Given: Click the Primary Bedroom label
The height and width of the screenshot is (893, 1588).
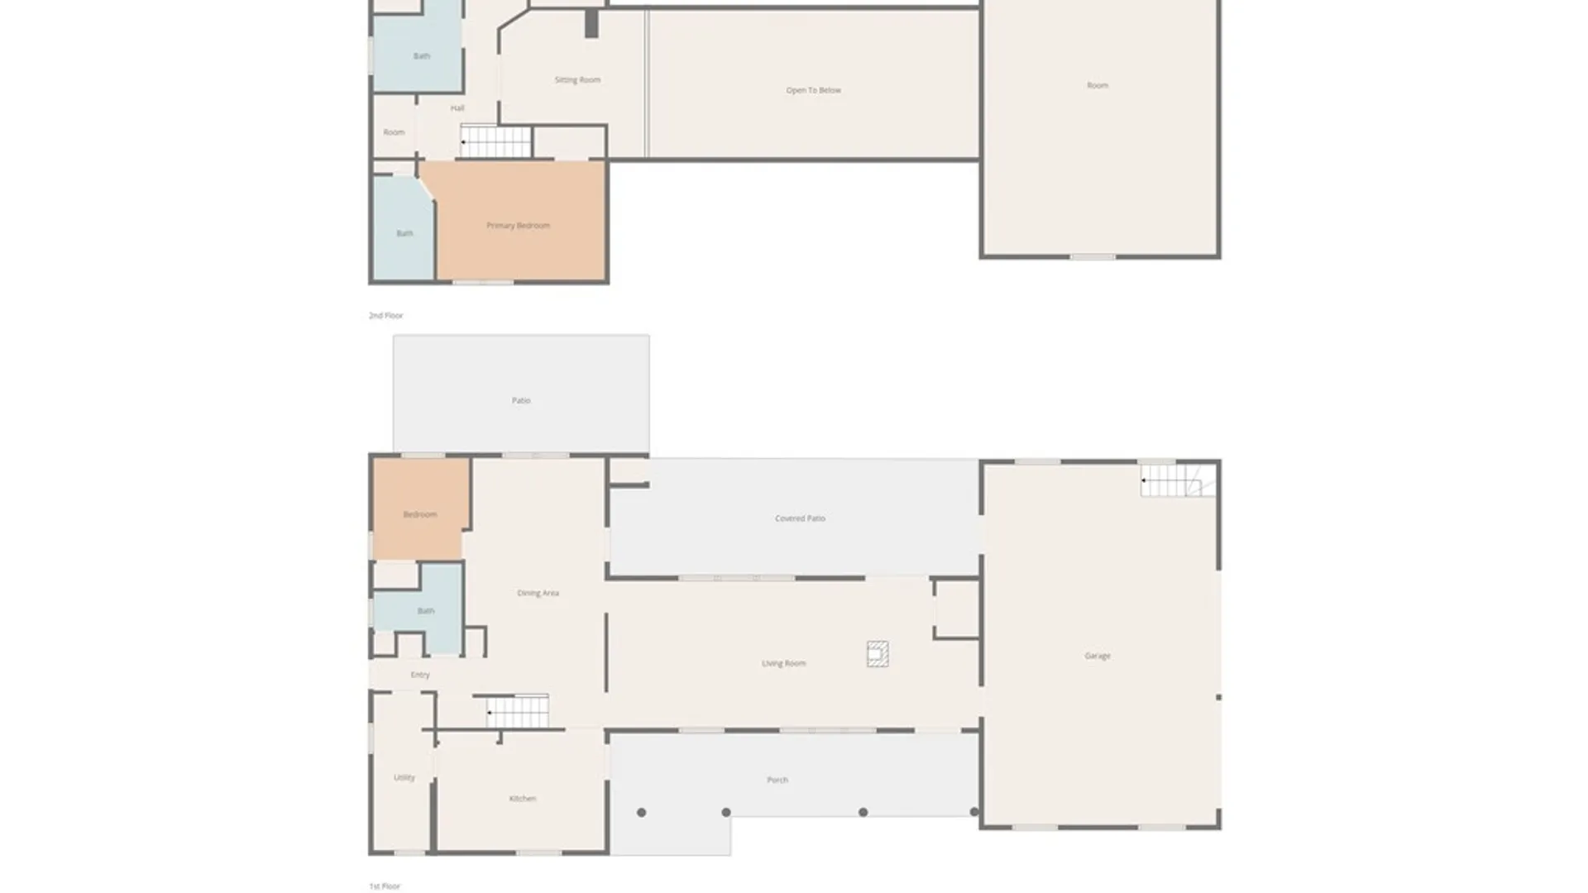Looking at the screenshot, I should (518, 226).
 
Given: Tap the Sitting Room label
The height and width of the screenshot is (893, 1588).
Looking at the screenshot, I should (577, 80).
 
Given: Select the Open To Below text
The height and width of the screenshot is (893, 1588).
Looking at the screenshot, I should (813, 90).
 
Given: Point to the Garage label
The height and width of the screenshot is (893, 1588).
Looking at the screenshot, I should (1097, 656).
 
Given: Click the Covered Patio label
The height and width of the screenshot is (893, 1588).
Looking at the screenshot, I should (800, 518).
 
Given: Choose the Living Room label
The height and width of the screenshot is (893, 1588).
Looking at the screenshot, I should (783, 663).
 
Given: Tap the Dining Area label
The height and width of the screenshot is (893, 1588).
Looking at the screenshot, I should (538, 593).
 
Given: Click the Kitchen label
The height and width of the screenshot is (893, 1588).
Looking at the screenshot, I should (522, 799).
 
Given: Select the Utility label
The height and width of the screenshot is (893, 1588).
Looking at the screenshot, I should (404, 777).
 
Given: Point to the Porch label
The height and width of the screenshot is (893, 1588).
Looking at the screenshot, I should (777, 780).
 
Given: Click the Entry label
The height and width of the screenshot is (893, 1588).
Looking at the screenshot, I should (420, 675).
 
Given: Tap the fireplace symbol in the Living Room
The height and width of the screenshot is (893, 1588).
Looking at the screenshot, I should (878, 654).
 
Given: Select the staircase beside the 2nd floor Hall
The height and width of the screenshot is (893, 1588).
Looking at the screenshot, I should (495, 141).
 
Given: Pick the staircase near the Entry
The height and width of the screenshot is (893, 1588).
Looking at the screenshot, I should (517, 711).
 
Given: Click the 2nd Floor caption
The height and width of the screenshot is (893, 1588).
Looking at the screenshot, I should (385, 316).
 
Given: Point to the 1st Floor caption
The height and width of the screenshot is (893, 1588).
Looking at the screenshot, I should (385, 886).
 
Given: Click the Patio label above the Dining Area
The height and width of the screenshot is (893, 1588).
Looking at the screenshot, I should (520, 400).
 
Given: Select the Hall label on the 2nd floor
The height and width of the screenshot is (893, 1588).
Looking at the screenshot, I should (457, 108).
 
